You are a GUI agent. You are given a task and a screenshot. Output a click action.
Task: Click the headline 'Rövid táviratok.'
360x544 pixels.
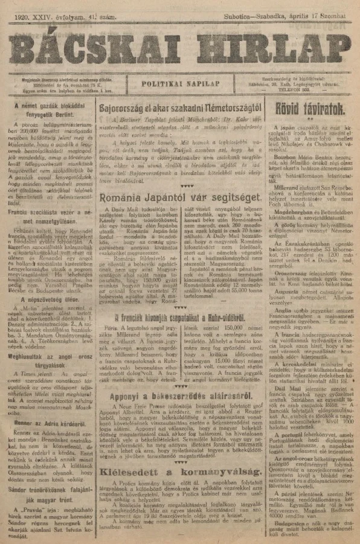pyautogui.click(x=310, y=108)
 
